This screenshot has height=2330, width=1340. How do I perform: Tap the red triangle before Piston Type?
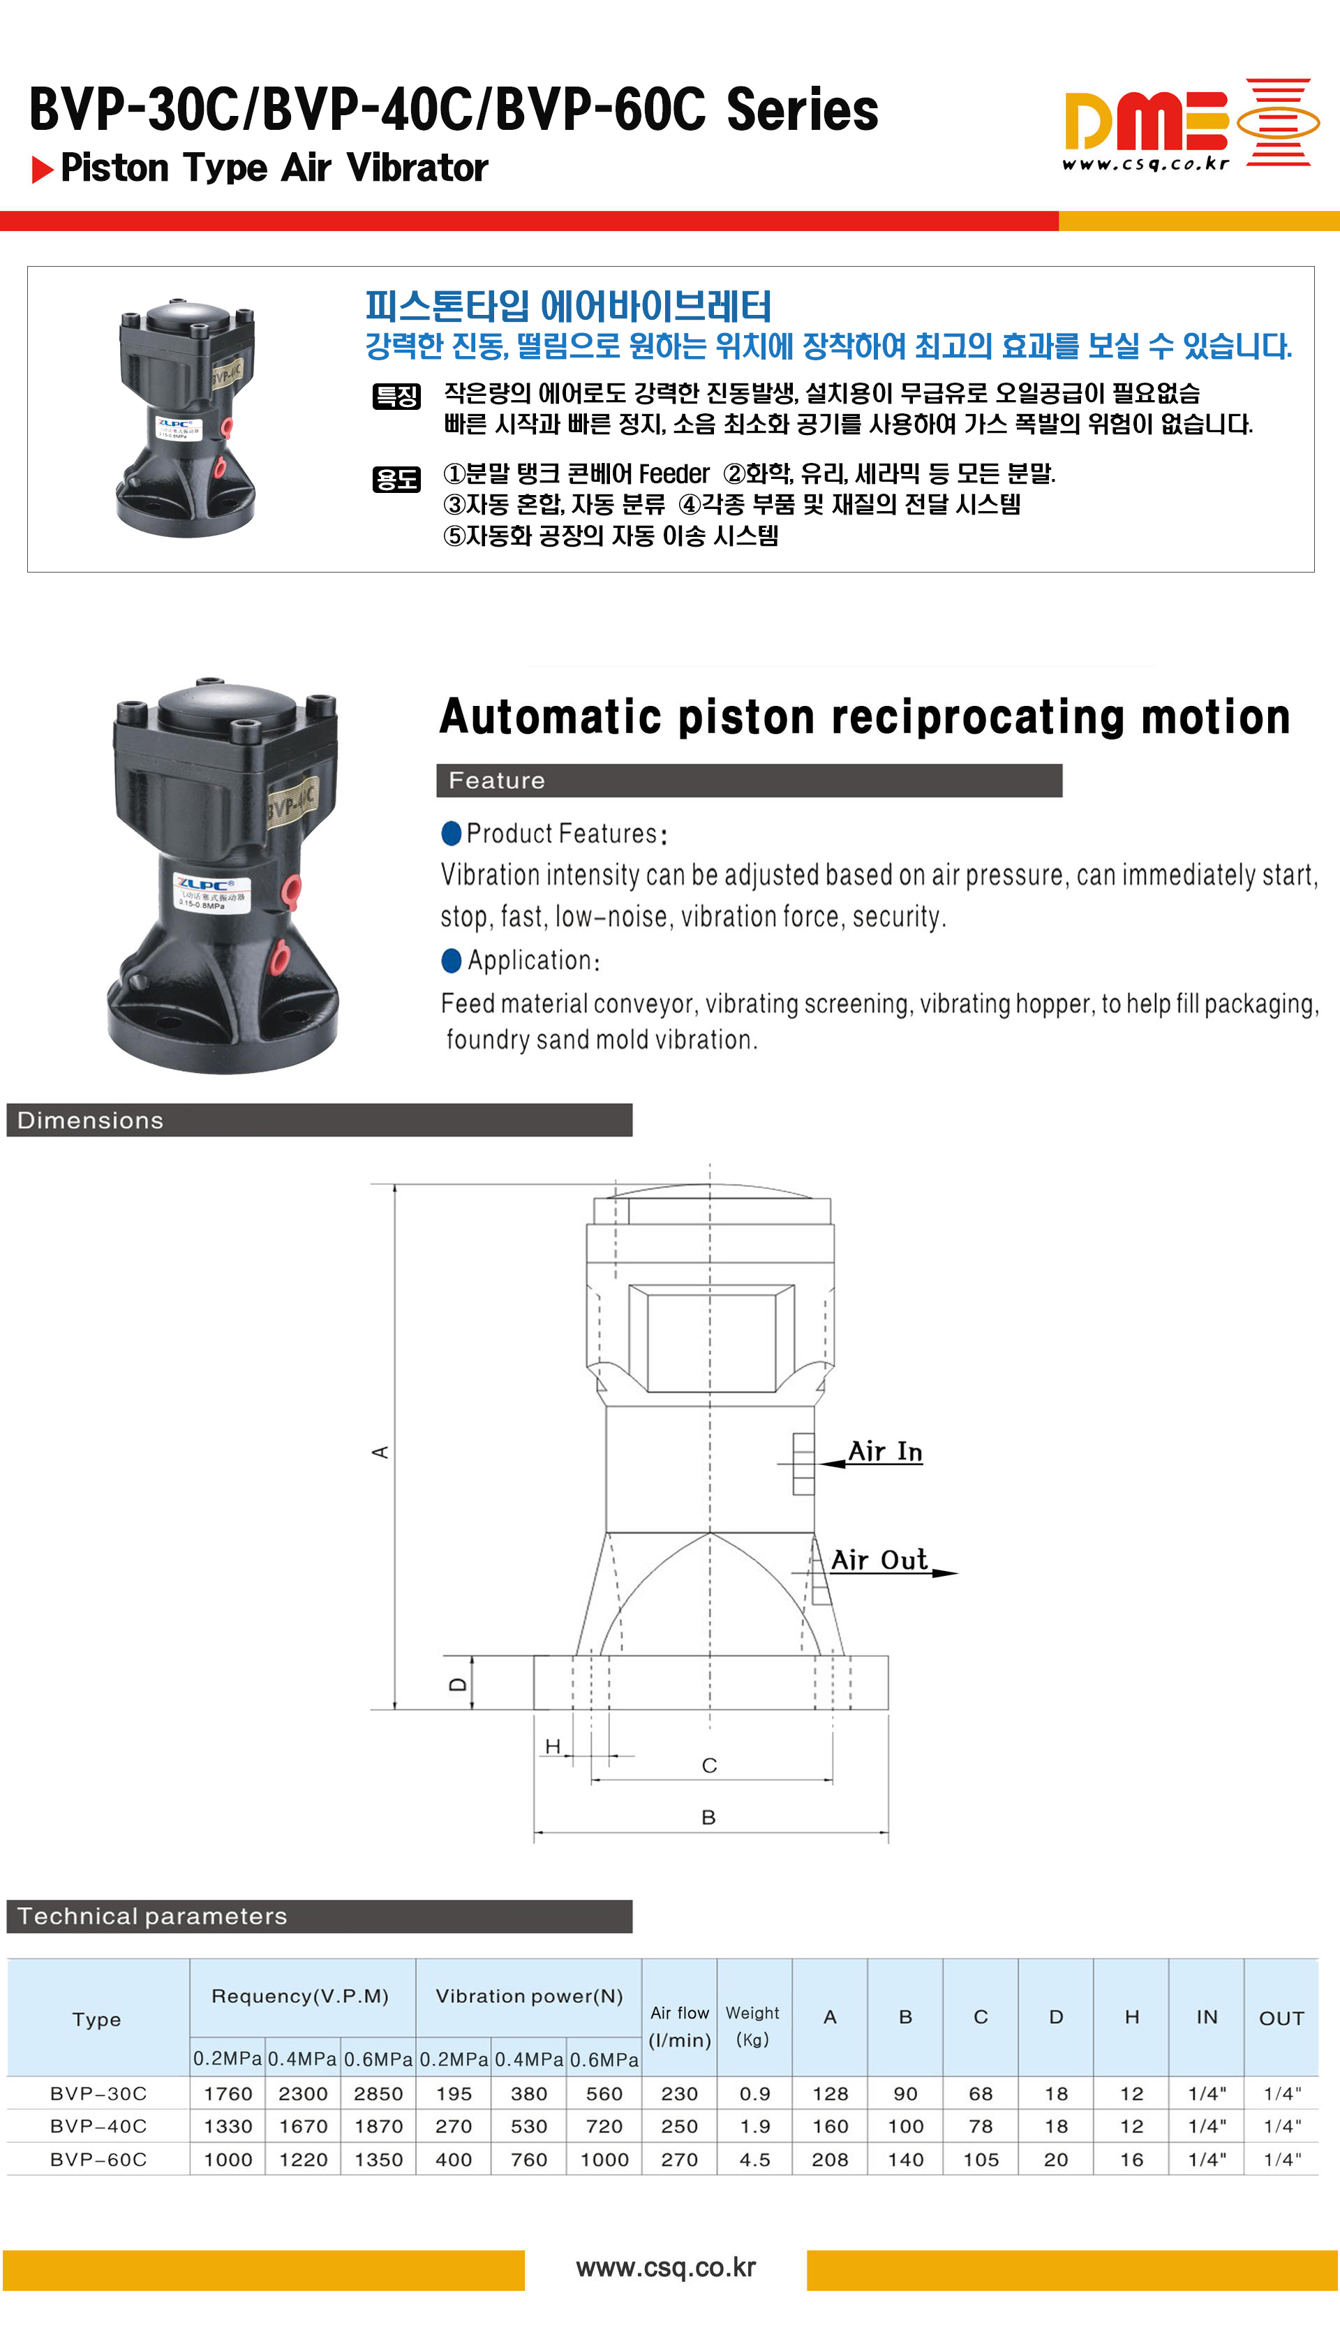pyautogui.click(x=41, y=170)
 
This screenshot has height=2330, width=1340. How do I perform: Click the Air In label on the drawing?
pyautogui.click(x=884, y=1452)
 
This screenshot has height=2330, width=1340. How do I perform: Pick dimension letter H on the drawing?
pyautogui.click(x=552, y=1746)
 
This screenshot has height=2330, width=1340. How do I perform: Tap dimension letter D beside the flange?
pyautogui.click(x=457, y=1683)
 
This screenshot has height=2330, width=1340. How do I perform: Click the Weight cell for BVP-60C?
pyautogui.click(x=754, y=2159)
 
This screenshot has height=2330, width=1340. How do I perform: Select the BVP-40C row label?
pyautogui.click(x=98, y=2125)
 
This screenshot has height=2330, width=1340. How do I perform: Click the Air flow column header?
pyautogui.click(x=679, y=2026)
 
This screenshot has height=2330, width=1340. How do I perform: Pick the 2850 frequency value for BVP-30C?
pyautogui.click(x=378, y=2093)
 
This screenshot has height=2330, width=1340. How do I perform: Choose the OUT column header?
pyautogui.click(x=1281, y=2018)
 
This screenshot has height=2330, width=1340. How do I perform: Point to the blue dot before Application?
pyautogui.click(x=451, y=960)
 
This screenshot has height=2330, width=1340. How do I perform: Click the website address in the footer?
pyautogui.click(x=665, y=2267)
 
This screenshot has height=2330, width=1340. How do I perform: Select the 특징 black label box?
pyautogui.click(x=396, y=396)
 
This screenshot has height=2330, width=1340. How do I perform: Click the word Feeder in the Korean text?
pyautogui.click(x=673, y=473)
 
